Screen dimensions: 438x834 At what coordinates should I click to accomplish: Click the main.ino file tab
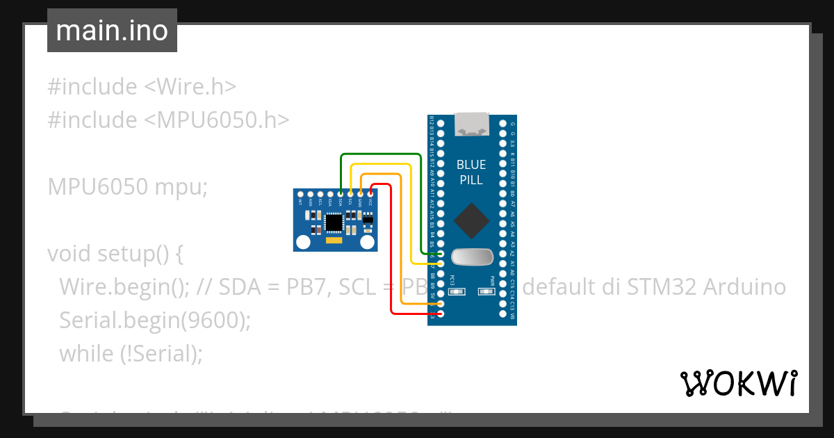coord(112,31)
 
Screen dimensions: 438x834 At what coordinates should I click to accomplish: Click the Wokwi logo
coord(738,383)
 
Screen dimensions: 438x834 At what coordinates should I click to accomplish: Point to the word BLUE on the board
coord(471,165)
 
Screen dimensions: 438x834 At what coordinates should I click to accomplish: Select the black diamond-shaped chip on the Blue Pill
coord(471,220)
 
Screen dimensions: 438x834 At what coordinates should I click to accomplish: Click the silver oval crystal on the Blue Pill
coord(472,257)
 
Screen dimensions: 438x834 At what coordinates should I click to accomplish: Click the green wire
coord(381,154)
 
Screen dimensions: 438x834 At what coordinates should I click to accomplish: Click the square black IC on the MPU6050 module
coord(334,222)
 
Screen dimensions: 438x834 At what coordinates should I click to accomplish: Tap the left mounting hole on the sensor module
coord(304,242)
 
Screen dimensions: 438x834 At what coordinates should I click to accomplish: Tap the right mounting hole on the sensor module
coord(368,242)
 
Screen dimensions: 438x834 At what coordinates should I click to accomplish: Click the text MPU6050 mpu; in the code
coord(128,186)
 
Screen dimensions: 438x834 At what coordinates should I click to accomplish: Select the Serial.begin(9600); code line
coord(154,320)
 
